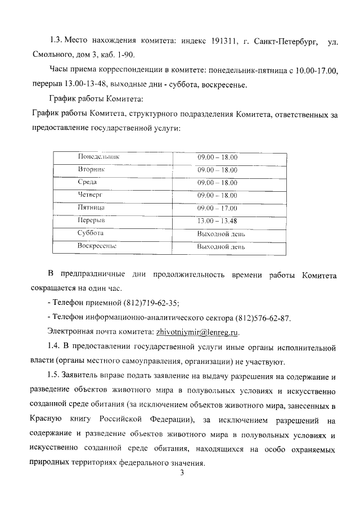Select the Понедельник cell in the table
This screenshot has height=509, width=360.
tap(98, 157)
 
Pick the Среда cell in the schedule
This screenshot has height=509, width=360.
tap(87, 182)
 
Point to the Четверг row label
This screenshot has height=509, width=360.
tap(90, 195)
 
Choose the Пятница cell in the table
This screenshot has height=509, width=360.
tap(91, 208)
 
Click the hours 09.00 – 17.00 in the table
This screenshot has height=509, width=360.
tap(217, 208)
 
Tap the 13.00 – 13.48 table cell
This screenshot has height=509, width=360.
tap(217, 220)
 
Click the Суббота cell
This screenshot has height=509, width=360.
tap(91, 233)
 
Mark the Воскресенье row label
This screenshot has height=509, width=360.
tap(97, 246)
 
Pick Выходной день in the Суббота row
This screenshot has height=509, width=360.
tap(220, 233)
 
